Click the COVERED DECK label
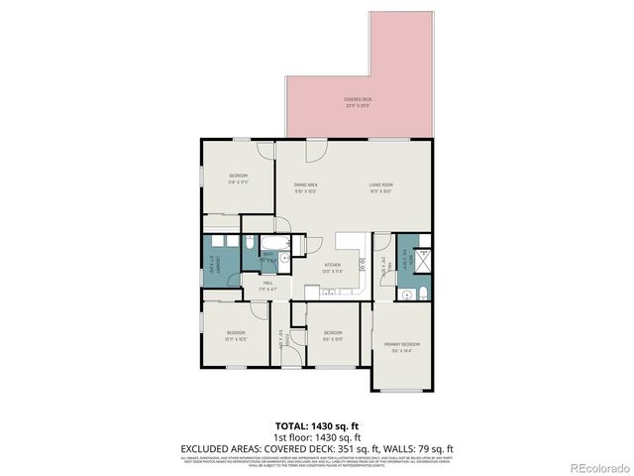point(358,99)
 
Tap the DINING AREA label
point(305,185)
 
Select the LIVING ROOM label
point(381,185)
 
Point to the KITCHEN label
point(333,265)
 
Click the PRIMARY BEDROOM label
point(402,343)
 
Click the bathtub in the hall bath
point(272,243)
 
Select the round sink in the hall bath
point(284,257)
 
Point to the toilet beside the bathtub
point(249,243)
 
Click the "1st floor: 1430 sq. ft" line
point(316,436)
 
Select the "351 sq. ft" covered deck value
point(352,447)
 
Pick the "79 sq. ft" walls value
point(432,447)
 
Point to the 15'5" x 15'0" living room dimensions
point(381,191)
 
